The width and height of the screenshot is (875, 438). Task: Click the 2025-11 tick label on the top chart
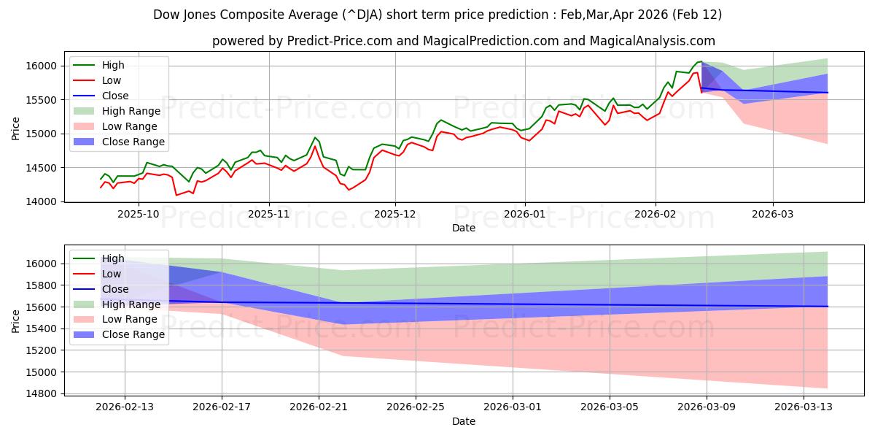pyautogui.click(x=269, y=214)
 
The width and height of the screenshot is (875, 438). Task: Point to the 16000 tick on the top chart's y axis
pyautogui.click(x=45, y=66)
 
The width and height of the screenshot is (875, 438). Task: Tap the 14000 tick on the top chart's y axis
pyautogui.click(x=45, y=201)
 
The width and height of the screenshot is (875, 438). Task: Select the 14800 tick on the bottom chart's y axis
pyautogui.click(x=45, y=394)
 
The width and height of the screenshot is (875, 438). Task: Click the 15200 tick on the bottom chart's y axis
pyautogui.click(x=45, y=350)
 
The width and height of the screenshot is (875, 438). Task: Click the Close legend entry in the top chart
pyautogui.click(x=115, y=96)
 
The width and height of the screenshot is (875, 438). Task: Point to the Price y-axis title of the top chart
pyautogui.click(x=16, y=128)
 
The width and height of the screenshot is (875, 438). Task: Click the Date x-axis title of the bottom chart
pyautogui.click(x=464, y=421)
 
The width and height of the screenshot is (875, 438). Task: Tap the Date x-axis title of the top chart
pyautogui.click(x=464, y=228)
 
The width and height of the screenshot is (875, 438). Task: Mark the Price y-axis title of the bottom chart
pyautogui.click(x=16, y=321)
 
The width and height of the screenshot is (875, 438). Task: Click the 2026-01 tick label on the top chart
pyautogui.click(x=524, y=214)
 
